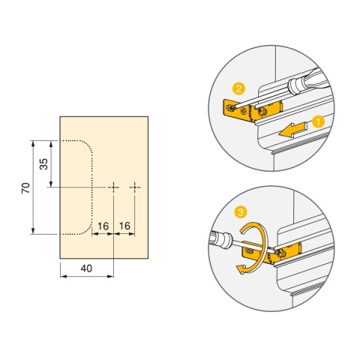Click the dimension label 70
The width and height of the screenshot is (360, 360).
click(x=25, y=187)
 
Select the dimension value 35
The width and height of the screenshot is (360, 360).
click(x=43, y=164)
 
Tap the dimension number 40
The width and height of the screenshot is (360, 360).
click(x=86, y=268)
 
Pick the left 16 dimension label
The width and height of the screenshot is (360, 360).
click(x=103, y=226)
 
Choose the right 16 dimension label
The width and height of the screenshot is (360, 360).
click(x=124, y=226)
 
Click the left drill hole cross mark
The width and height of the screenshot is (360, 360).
click(x=113, y=187)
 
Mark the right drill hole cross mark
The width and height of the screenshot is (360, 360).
click(x=135, y=187)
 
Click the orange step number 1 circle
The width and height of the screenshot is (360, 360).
click(x=318, y=122)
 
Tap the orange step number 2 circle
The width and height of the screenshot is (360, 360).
click(x=238, y=89)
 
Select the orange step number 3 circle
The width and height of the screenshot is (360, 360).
click(x=241, y=212)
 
